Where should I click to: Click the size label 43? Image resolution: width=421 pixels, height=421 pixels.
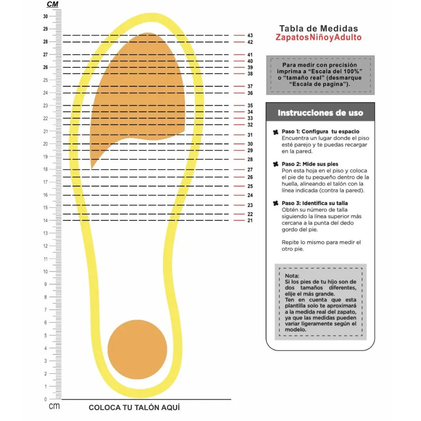tap(250, 35)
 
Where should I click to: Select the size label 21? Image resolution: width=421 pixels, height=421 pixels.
tap(250, 221)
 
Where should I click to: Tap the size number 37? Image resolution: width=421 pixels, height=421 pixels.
tap(250, 87)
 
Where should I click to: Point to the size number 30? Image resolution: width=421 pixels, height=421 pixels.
tap(250, 144)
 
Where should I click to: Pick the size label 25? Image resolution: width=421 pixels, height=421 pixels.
tap(250, 186)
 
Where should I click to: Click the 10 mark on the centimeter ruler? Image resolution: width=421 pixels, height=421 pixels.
tap(46, 272)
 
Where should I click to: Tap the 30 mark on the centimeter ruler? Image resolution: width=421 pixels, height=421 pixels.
tap(46, 16)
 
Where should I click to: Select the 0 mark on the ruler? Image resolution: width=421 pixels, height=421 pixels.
tap(46, 399)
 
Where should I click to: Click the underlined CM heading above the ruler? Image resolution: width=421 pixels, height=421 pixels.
tap(52, 4)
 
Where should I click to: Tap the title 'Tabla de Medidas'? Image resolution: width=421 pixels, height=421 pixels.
tap(318, 28)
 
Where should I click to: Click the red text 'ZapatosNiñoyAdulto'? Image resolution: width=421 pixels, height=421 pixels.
tap(318, 38)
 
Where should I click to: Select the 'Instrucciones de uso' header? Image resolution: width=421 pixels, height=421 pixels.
tap(320, 113)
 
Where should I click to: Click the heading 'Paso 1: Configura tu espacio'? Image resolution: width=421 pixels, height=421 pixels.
tap(320, 132)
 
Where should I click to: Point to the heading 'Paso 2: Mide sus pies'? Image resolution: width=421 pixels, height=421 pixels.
tap(310, 164)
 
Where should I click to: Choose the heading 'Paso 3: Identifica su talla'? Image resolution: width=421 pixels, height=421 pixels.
tap(315, 203)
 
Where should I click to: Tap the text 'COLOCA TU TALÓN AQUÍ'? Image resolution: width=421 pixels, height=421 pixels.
tap(134, 408)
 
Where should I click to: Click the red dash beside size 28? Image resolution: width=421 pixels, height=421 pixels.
tap(239, 159)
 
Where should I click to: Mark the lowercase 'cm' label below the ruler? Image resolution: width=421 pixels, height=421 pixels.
tap(54, 407)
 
